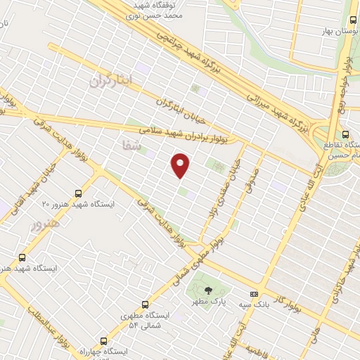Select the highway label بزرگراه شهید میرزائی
278,108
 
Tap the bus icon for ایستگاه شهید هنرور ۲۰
77,193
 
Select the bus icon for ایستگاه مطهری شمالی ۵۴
145,305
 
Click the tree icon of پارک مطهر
207,289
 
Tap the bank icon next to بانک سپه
255,295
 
